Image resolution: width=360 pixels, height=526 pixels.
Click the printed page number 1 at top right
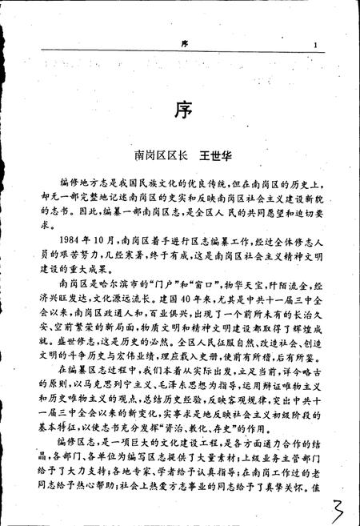(x=317, y=46)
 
